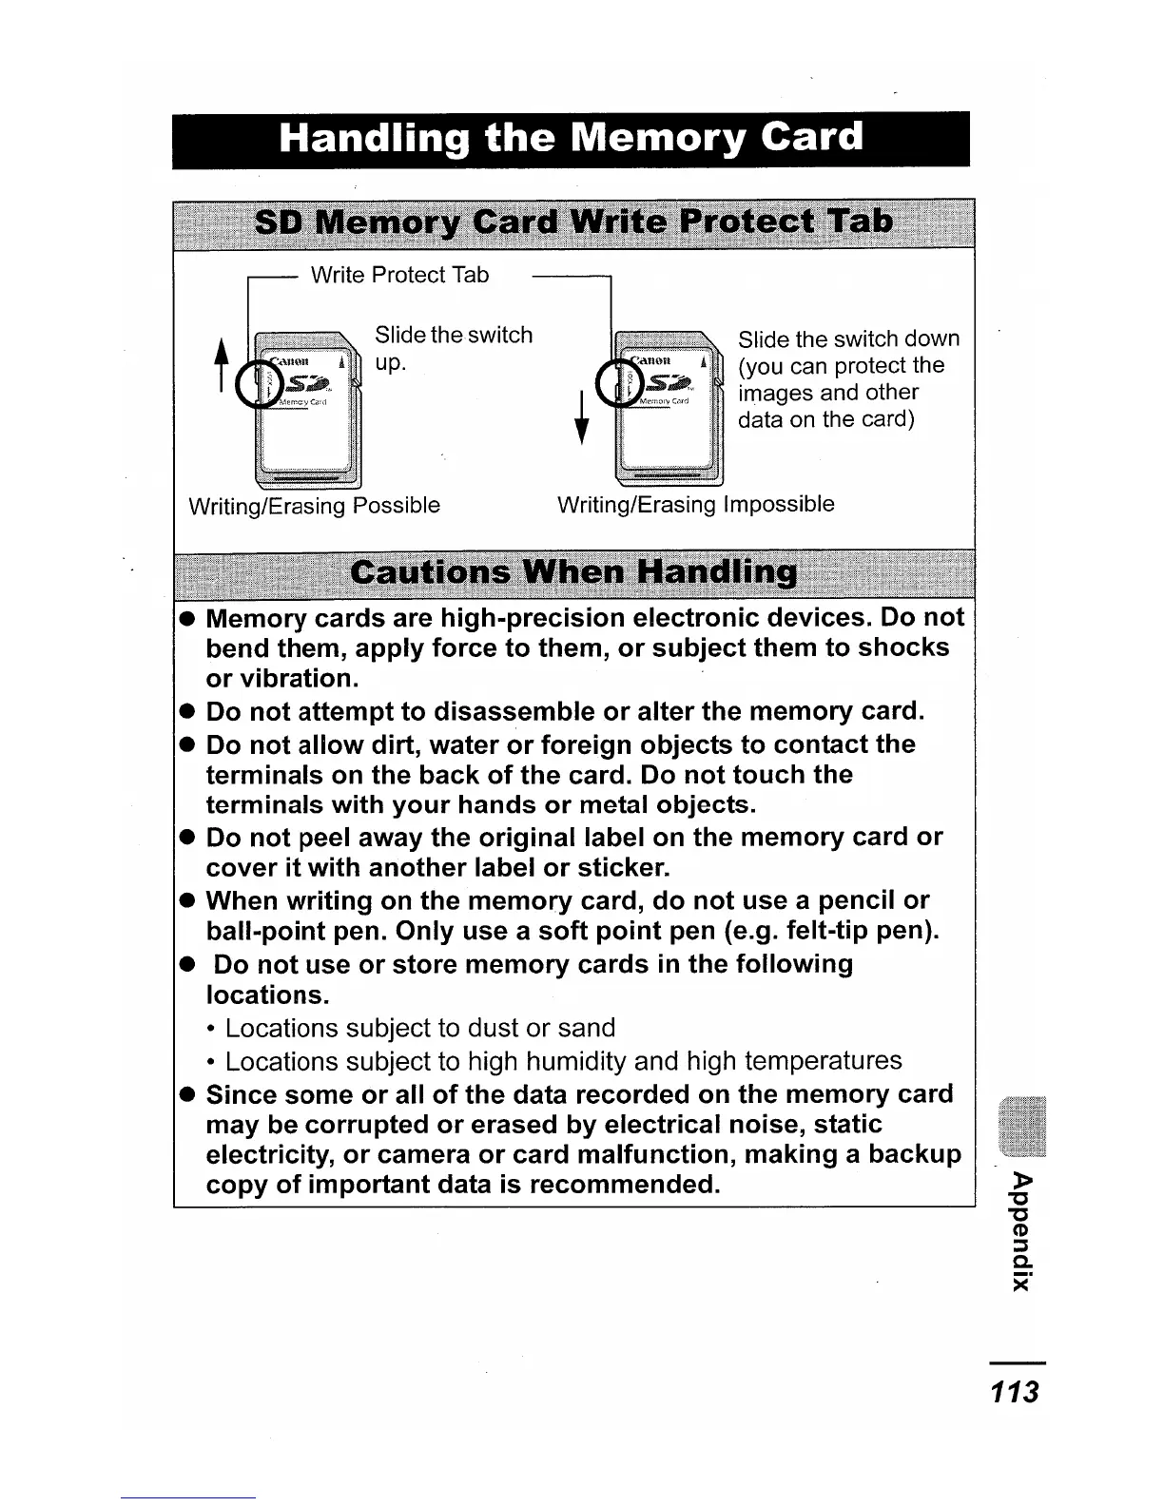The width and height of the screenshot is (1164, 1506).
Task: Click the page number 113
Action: pos(1015,1393)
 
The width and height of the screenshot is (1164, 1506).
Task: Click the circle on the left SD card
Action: pos(257,385)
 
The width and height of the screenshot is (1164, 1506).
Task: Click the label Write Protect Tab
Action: pos(399,275)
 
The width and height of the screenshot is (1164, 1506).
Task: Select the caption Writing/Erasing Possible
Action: pos(315,505)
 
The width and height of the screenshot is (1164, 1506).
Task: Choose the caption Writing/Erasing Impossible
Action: pos(695,504)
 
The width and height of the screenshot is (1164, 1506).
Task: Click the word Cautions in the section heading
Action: pos(431,573)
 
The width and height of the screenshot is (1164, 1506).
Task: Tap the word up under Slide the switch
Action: pos(390,363)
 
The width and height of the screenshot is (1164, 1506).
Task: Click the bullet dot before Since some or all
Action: pos(188,1095)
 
